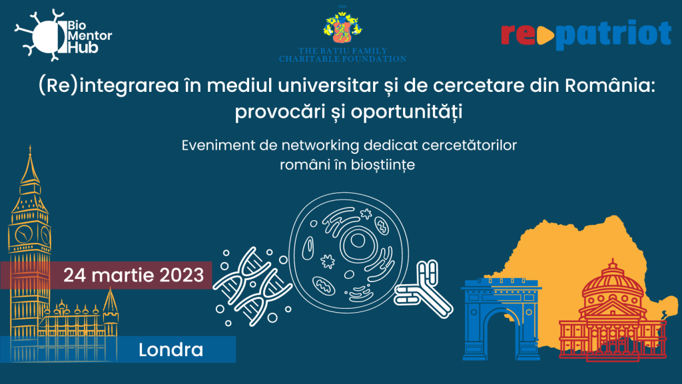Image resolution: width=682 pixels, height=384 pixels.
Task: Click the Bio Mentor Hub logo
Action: point(63,35)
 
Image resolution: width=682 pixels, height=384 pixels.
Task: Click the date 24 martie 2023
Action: point(133,275)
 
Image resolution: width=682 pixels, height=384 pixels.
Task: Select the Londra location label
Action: point(171,349)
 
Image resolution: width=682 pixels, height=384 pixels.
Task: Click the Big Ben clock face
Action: point(24,234)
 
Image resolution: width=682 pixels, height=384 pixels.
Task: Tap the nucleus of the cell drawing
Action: point(358,242)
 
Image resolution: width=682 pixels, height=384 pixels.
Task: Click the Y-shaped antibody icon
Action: point(423,289)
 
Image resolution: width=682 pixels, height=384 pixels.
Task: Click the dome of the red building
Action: point(613,280)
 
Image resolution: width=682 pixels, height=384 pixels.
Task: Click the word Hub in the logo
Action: point(83,48)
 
